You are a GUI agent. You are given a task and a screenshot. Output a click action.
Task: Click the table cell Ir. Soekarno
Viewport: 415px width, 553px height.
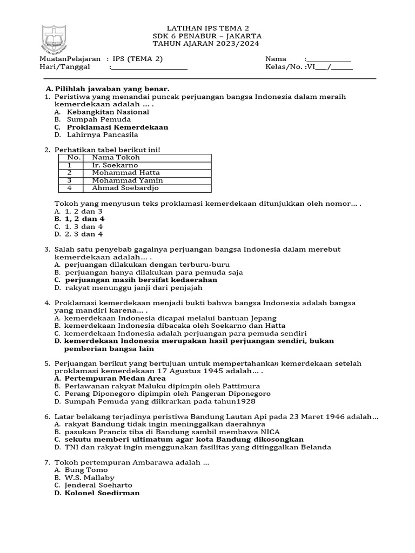[115, 165]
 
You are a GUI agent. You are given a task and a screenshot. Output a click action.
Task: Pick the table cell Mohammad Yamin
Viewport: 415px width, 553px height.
[128, 180]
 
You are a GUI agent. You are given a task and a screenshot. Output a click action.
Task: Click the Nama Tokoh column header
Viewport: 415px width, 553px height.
[116, 158]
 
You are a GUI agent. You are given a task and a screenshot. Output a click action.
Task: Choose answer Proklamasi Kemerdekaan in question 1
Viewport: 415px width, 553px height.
[117, 127]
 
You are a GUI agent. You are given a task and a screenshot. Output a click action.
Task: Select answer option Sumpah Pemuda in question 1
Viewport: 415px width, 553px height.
[99, 119]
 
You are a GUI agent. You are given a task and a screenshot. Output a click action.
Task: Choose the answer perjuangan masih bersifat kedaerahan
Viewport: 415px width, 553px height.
[141, 280]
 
